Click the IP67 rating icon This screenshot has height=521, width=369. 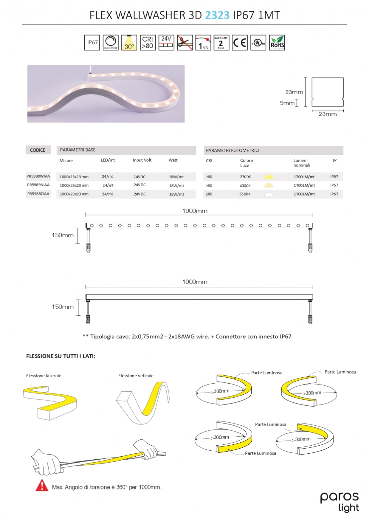coord(92,42)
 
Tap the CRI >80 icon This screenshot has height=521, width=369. coord(147,42)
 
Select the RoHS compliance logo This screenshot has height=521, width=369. coord(277,42)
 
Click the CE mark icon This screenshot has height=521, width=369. coord(240,42)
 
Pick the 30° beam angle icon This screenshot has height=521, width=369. coord(129,42)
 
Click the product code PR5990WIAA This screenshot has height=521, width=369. coord(38,176)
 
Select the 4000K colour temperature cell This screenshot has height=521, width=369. coord(245,186)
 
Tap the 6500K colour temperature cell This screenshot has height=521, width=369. coord(245,194)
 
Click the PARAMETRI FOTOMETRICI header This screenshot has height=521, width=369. coord(232,150)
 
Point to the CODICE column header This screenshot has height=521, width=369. coord(38,150)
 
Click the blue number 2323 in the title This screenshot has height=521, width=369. coord(217,15)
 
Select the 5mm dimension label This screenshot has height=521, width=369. coord(287,103)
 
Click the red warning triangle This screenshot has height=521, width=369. coord(42,485)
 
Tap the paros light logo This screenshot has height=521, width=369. coord(339,501)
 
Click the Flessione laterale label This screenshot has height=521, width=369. coord(44,376)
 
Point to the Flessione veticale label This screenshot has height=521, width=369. coord(136,376)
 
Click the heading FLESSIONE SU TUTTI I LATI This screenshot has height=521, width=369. coord(61,356)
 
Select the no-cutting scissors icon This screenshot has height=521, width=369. coord(185,42)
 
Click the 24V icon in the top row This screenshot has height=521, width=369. coord(166,42)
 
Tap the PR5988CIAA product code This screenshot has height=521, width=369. coord(38,194)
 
